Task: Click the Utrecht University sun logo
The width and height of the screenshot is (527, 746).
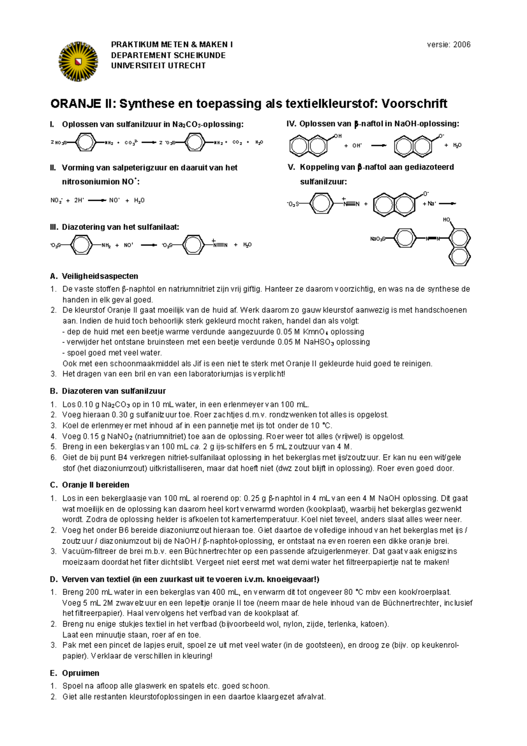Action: coord(78,61)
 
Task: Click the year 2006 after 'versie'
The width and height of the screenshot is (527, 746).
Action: coord(462,44)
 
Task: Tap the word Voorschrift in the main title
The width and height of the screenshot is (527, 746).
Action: coord(414,104)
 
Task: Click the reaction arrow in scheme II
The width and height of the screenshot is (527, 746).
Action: coord(97,200)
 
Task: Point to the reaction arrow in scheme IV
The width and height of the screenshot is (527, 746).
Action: coord(379,145)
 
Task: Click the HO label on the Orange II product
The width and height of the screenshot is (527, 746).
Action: coord(446,220)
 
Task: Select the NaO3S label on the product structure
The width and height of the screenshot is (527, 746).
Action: coord(378,239)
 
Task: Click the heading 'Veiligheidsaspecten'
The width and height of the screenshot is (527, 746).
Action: coord(100,276)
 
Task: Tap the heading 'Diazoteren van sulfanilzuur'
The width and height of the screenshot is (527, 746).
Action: coord(114,391)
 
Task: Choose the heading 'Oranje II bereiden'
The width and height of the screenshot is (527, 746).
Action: coord(95,485)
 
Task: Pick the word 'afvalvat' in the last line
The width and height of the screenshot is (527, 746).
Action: coord(311,697)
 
